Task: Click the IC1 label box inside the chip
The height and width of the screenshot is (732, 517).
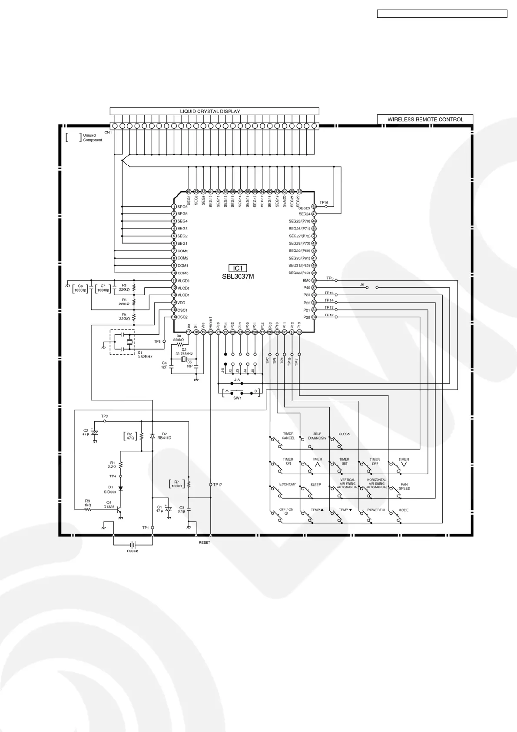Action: [238, 268]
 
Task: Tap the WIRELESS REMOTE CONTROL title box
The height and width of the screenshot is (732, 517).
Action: [425, 119]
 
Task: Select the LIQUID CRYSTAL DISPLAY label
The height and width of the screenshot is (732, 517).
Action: [210, 111]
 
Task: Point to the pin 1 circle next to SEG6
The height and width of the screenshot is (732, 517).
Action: [174, 207]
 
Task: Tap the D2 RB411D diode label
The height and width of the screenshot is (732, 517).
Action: [164, 436]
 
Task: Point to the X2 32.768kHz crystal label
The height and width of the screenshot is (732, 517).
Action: [184, 352]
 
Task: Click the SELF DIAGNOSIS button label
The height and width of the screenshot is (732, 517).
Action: [317, 436]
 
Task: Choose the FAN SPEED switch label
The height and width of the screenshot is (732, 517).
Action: [404, 486]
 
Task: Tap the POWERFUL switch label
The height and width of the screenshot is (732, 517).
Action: [376, 510]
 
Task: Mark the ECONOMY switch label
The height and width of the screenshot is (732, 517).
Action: [288, 484]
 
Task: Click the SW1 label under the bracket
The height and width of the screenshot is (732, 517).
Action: [237, 398]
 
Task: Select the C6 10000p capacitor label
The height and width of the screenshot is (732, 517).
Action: [80, 288]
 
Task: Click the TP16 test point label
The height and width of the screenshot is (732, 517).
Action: [324, 203]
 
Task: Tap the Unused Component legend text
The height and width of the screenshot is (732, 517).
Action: [93, 138]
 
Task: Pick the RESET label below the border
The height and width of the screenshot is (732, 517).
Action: [204, 542]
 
